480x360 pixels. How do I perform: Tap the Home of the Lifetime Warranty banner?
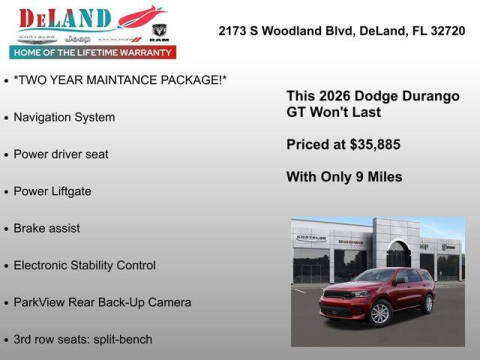coord(91,51)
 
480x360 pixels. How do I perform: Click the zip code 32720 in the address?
coord(447,31)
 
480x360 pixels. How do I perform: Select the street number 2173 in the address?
coord(235,31)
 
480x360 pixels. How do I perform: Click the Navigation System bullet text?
coord(64,117)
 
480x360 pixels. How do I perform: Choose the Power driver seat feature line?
coord(61,154)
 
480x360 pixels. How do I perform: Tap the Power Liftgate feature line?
coord(54,191)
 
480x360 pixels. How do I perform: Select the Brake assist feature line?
coord(47,228)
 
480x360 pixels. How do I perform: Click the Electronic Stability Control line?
coord(85,265)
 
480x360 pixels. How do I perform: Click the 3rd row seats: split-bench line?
coord(83,339)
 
